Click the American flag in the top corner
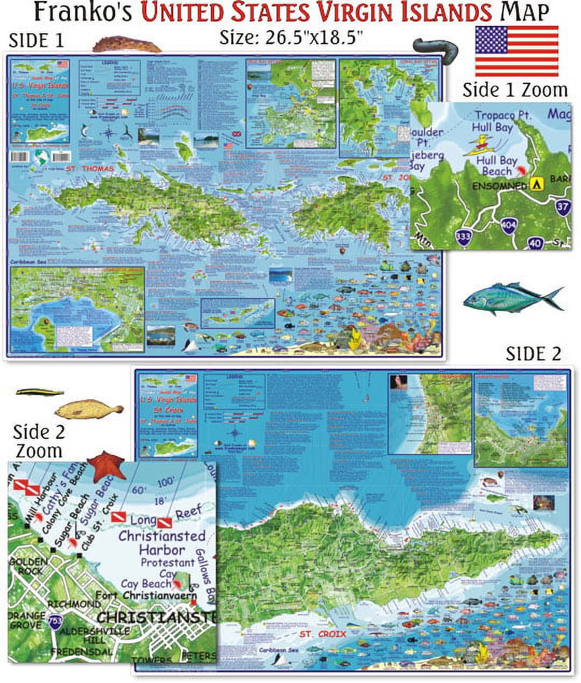[x=516, y=51]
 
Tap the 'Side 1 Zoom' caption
[x=515, y=90]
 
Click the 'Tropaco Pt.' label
[x=503, y=116]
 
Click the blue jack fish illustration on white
[x=513, y=297]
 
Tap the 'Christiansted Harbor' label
[x=162, y=543]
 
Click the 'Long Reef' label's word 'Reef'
[x=188, y=513]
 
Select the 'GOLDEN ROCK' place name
[x=28, y=566]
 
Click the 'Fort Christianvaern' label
[x=146, y=595]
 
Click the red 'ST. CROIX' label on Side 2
[x=323, y=634]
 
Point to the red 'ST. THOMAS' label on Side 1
[x=90, y=169]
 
